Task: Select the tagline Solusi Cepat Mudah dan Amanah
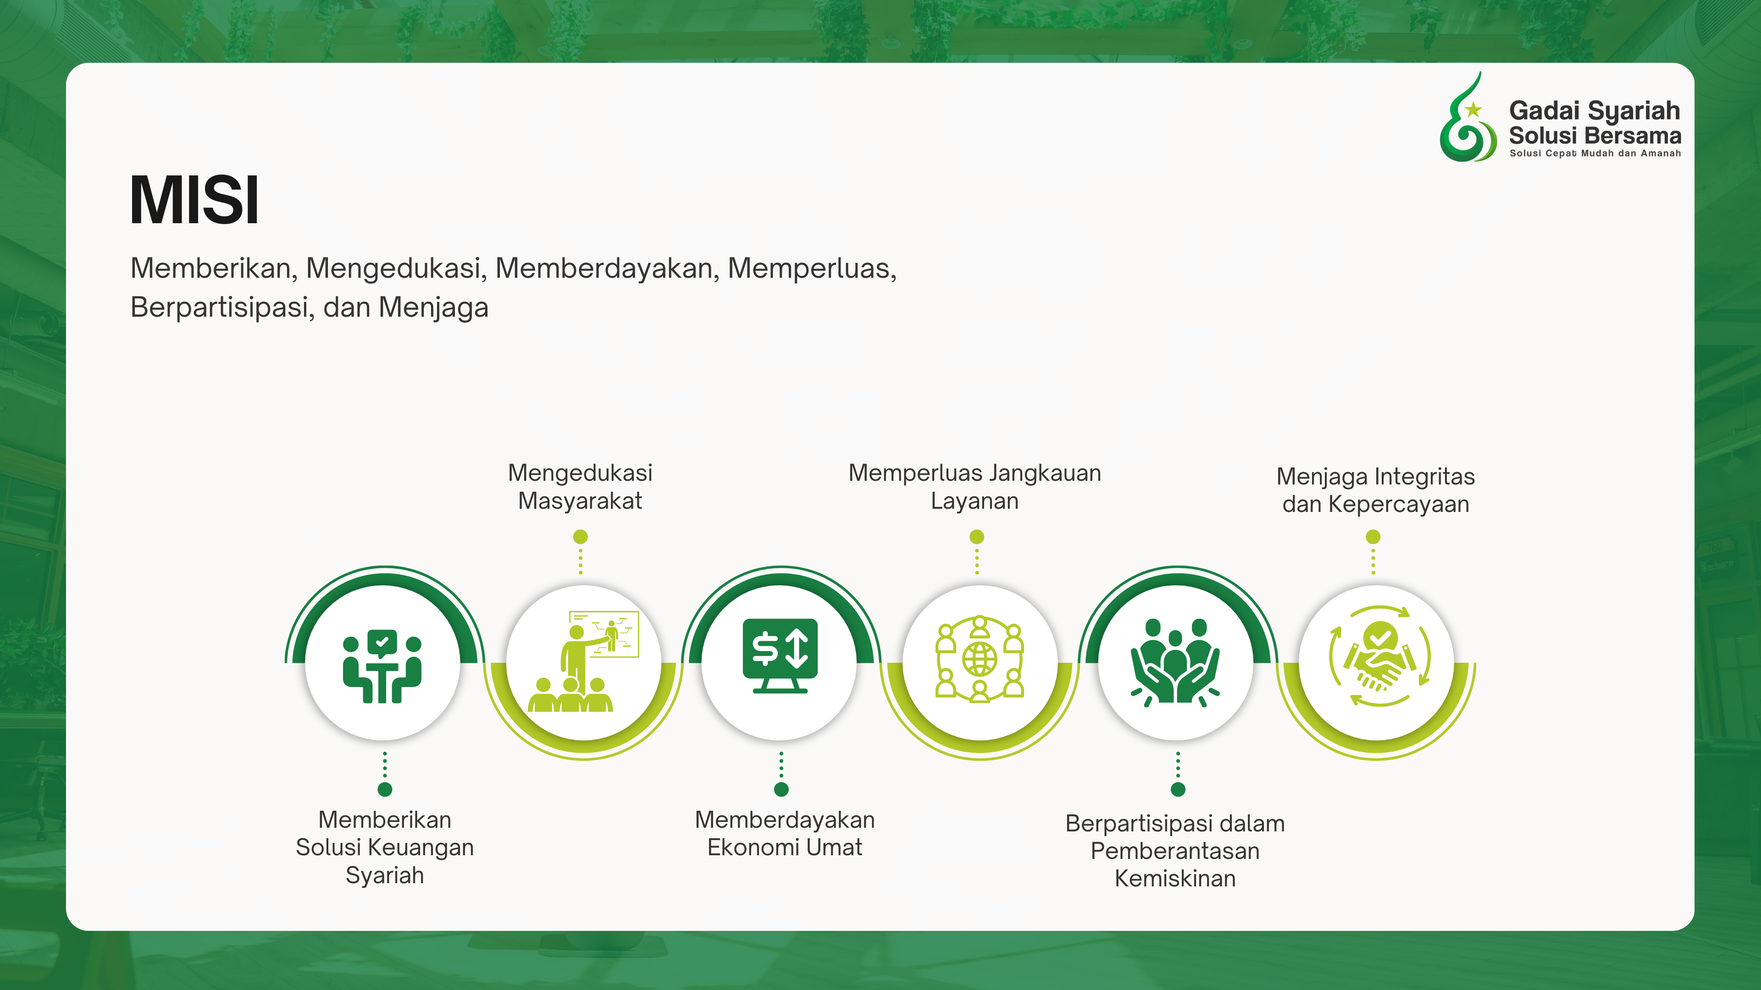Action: [1595, 153]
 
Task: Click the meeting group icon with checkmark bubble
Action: [382, 666]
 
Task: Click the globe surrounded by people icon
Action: [980, 659]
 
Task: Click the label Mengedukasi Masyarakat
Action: [581, 486]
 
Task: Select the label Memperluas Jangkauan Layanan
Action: [975, 486]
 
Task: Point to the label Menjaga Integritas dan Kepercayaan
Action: [1375, 490]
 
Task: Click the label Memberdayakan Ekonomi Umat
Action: [785, 833]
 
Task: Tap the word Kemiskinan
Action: [1175, 878]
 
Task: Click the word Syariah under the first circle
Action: [385, 875]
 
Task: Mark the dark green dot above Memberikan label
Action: [385, 789]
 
